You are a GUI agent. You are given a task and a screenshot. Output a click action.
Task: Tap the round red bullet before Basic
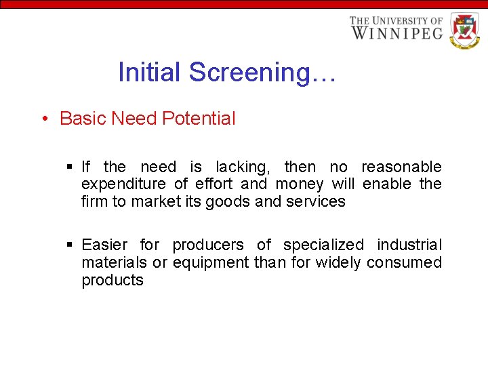44,119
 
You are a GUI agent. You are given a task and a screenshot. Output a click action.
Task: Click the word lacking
241,167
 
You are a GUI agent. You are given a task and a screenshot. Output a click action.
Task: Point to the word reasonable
401,167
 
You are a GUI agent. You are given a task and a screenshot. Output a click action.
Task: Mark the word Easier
106,245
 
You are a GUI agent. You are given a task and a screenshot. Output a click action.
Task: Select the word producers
208,245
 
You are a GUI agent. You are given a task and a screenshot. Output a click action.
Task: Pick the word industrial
409,245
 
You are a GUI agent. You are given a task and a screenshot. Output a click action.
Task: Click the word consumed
404,262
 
